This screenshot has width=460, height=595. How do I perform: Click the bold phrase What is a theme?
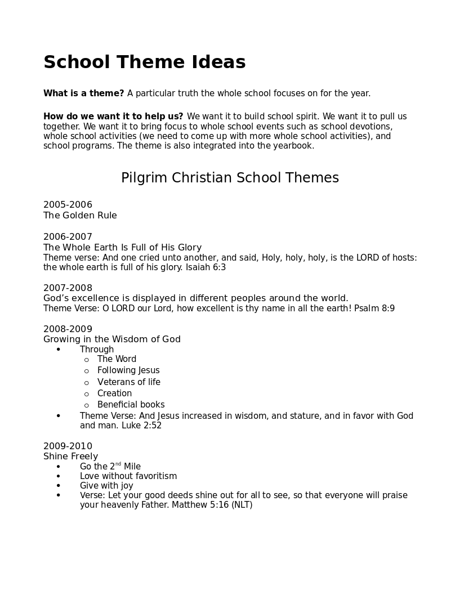[83, 93]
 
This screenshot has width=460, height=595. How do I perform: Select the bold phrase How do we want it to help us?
[113, 117]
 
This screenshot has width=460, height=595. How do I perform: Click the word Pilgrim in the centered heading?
[144, 178]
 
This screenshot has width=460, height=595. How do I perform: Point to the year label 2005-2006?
[68, 205]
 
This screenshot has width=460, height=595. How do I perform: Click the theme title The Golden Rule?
[80, 216]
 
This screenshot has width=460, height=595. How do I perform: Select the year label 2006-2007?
[68, 237]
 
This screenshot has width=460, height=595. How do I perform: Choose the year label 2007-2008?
[68, 288]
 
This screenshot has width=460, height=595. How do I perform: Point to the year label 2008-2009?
[68, 329]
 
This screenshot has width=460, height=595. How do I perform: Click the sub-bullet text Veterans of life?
[128, 382]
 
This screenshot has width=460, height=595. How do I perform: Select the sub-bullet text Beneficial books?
[131, 405]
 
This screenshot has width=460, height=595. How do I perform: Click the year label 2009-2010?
[68, 446]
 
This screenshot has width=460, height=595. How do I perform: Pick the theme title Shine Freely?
[70, 457]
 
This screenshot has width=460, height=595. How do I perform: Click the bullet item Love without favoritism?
[128, 476]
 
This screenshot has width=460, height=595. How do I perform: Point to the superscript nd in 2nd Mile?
[118, 464]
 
